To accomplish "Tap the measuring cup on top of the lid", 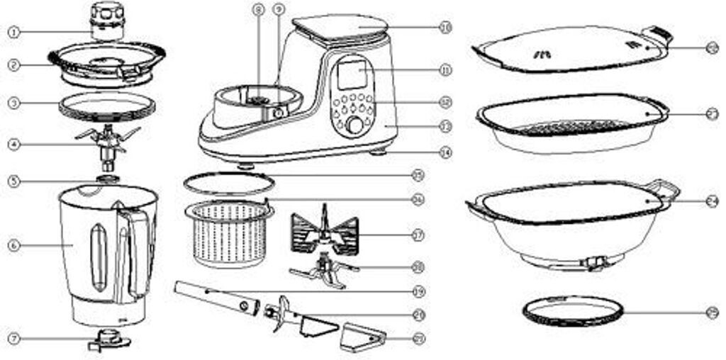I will click(106, 23).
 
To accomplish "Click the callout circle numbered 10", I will click(445, 28).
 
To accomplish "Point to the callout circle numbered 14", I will click(445, 151).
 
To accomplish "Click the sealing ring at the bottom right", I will click(573, 311).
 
